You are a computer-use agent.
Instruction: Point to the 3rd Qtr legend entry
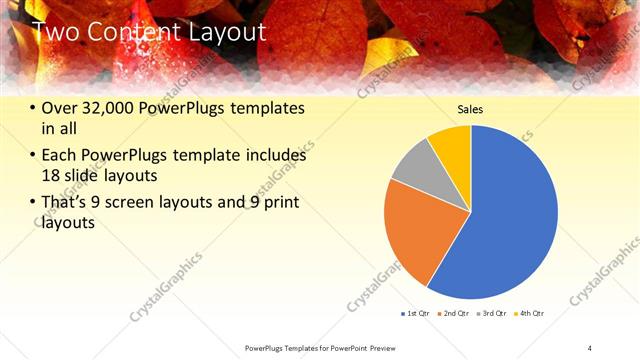[494, 314]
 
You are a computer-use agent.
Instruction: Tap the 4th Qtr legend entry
[530, 314]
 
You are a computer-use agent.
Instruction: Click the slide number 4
[590, 347]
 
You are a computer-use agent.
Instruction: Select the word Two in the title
[56, 32]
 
